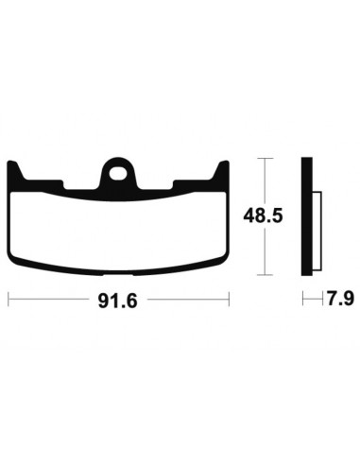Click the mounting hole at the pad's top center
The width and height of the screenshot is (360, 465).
click(119, 173)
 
